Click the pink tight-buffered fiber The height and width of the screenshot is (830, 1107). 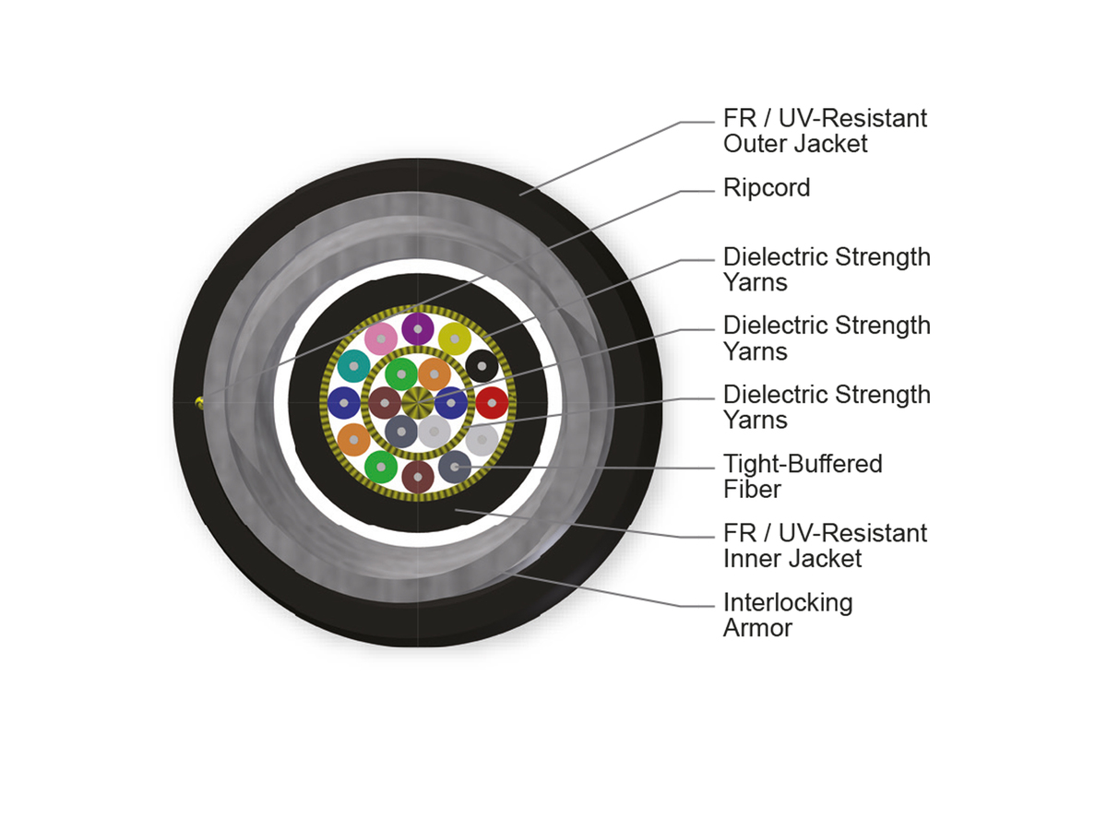(380, 339)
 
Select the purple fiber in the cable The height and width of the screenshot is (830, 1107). (418, 328)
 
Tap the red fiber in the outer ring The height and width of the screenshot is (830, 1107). (492, 403)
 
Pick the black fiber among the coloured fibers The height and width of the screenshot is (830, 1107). (482, 366)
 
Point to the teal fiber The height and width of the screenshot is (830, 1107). (353, 366)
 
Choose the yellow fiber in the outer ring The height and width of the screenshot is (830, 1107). (455, 338)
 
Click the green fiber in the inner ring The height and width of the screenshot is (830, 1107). (401, 373)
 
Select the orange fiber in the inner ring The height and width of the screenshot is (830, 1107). (434, 373)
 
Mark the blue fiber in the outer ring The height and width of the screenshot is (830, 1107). (343, 403)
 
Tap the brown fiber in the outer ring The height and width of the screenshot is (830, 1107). (418, 477)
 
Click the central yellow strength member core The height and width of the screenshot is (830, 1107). (418, 403)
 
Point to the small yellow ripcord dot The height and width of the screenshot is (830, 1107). (198, 400)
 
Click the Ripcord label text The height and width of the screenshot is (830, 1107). (767, 188)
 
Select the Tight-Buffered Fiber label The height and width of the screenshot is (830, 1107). (803, 476)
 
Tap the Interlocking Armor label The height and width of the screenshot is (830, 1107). (788, 615)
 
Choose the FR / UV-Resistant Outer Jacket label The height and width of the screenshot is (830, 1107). (825, 131)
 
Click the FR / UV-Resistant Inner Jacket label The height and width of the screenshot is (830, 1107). (825, 546)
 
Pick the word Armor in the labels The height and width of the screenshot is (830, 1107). (757, 628)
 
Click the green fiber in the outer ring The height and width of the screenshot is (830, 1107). (380, 467)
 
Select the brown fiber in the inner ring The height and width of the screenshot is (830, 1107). (385, 403)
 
